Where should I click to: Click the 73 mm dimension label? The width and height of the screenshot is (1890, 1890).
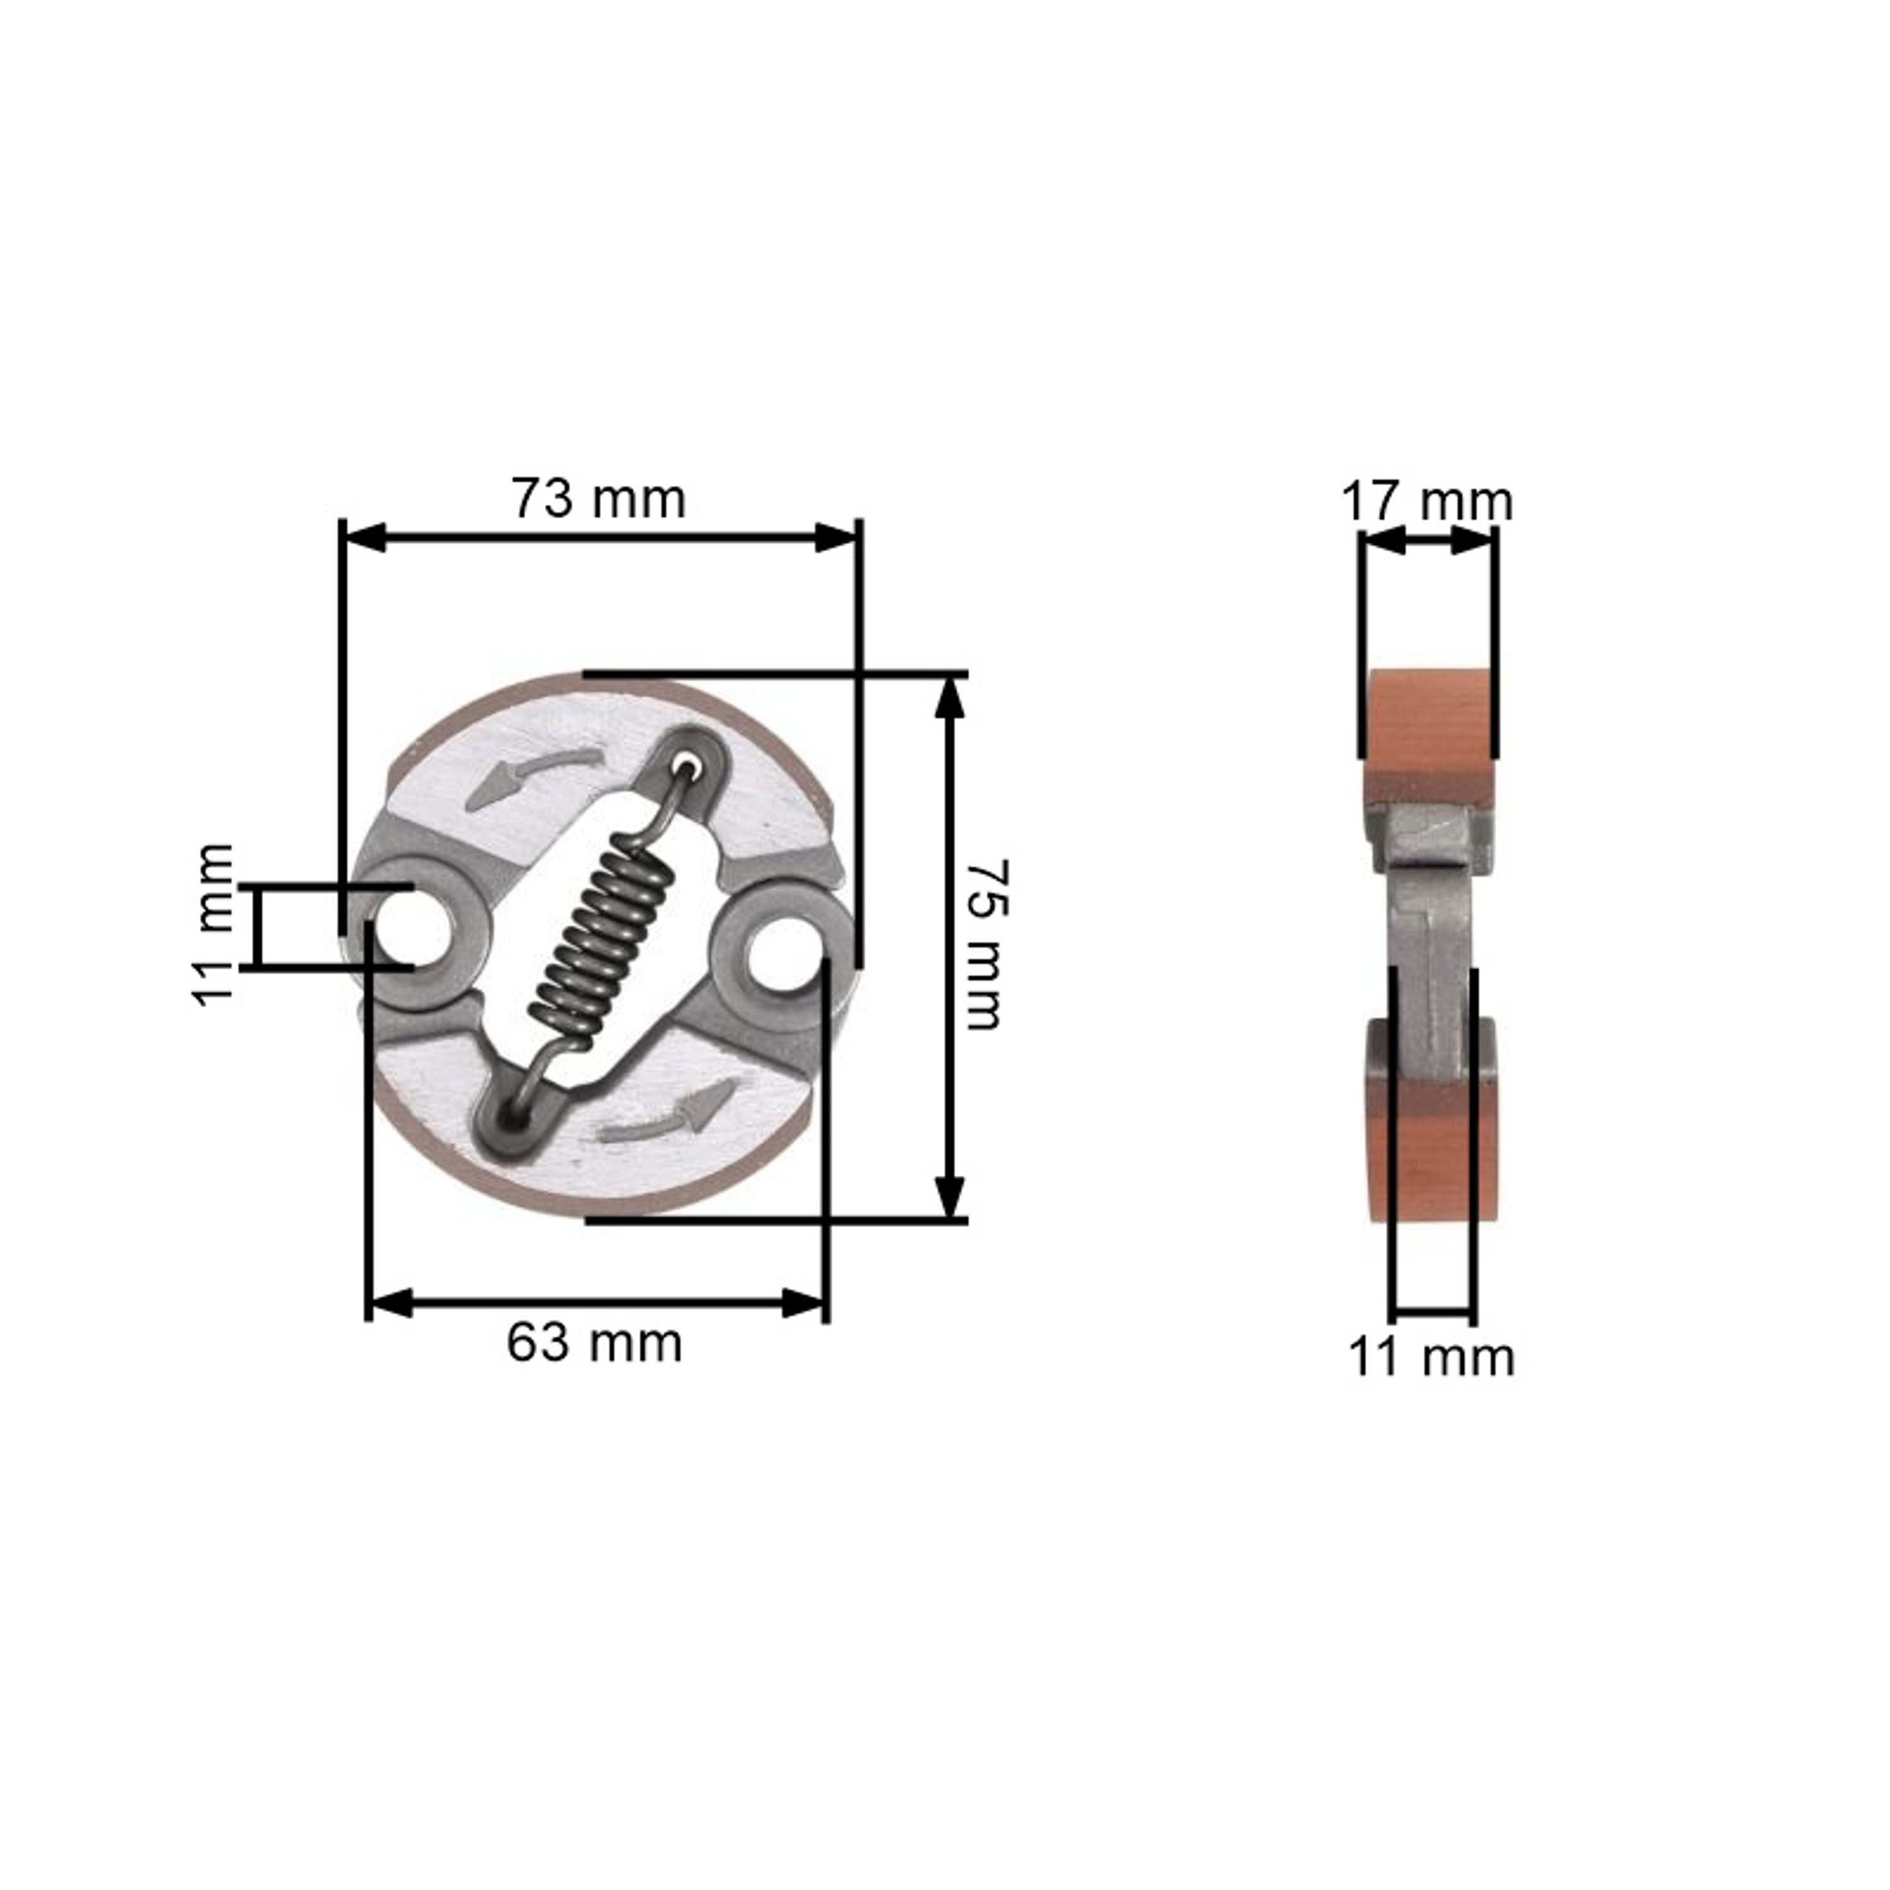(598, 499)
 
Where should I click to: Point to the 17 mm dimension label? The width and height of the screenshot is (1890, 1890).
(1426, 502)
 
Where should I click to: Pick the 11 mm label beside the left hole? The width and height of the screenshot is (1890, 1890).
(212, 924)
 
